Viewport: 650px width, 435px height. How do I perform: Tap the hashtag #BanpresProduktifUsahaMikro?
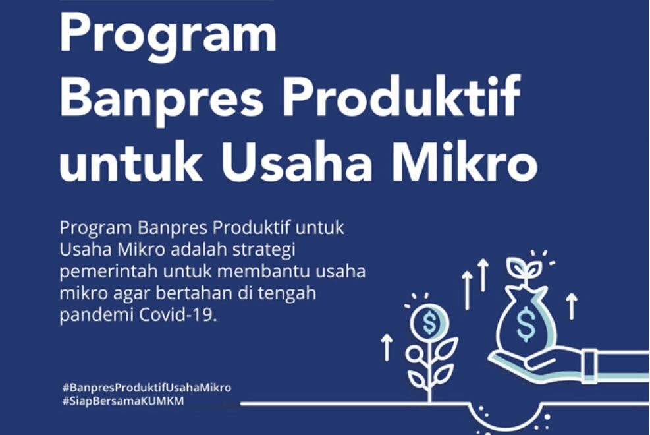(x=146, y=388)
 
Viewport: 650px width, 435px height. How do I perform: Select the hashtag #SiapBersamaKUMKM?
(x=122, y=401)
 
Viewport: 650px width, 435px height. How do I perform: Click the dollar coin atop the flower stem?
(x=429, y=322)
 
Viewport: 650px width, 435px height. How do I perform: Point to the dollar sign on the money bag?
(x=526, y=323)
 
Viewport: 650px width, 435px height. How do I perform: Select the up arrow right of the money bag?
(x=572, y=306)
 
